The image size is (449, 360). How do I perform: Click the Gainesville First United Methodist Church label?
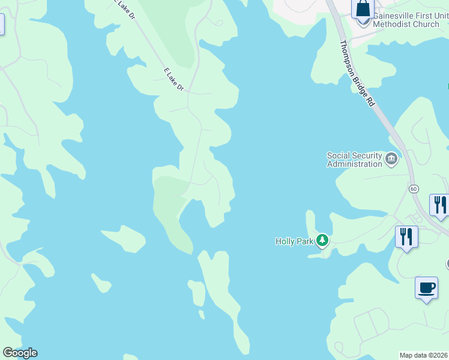coord(410,19)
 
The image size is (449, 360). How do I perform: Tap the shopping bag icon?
coord(363,10)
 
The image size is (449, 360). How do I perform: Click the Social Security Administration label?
coord(354,160)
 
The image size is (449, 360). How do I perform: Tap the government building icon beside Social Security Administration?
coord(391,159)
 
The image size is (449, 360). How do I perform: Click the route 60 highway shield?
coord(414,188)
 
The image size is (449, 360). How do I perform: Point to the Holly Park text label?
coord(295,241)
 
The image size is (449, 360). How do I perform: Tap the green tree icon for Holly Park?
coord(323,241)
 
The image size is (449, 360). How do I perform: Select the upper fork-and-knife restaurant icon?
coord(439,205)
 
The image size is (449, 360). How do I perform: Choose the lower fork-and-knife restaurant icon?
coord(406,236)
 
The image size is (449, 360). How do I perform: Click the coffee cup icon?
coord(426,287)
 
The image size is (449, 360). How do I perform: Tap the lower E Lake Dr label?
coord(173,79)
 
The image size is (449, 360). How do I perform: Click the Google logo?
coord(20,353)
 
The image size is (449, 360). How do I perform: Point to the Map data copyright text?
coord(424,355)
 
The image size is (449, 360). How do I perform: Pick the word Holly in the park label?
coord(285,241)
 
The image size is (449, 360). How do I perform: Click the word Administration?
coord(354,164)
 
